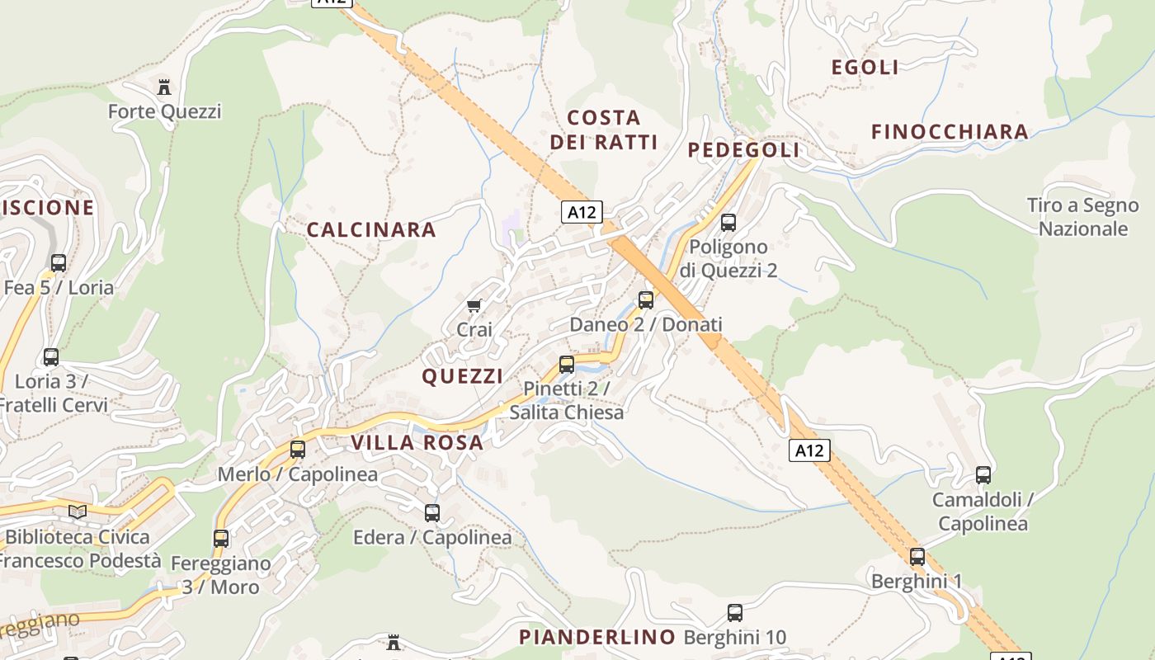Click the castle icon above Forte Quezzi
163,87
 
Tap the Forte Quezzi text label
165,111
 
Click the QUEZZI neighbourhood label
463,376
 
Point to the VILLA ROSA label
417,442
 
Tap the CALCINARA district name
371,230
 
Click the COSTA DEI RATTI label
604,130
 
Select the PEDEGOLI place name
743,149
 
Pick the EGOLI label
865,68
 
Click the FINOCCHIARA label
950,131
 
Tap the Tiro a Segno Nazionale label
1082,217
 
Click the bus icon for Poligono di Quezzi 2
728,223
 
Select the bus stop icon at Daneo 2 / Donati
646,300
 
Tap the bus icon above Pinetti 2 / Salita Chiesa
566,364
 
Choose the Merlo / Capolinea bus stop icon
297,450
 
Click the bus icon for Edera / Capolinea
432,513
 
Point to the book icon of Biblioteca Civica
78,512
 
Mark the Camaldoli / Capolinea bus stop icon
983,475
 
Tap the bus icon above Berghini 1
917,557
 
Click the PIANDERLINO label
597,637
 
